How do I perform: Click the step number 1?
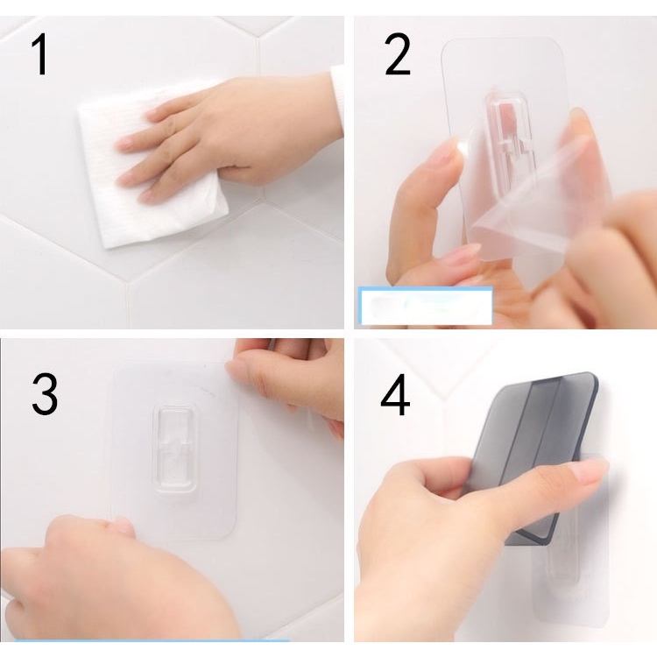(40, 54)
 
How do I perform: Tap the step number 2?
(397, 54)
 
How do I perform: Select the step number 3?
(45, 394)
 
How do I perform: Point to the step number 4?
(395, 394)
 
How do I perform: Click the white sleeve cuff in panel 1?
(337, 101)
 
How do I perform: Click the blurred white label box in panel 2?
(425, 306)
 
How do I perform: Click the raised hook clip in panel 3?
(175, 448)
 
